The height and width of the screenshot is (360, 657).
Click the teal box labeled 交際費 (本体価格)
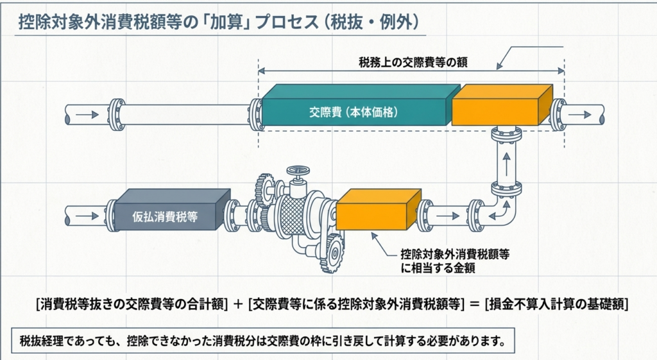(354, 111)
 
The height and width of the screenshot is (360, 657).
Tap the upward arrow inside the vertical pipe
(507, 160)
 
